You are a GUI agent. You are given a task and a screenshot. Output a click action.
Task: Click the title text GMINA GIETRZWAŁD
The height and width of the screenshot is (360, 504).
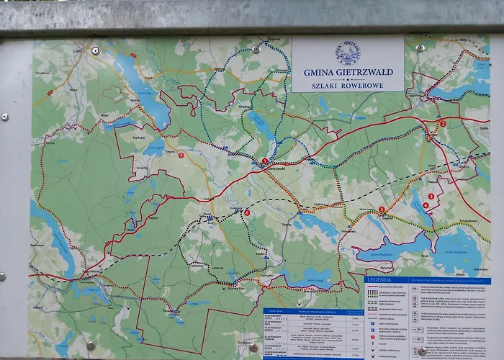(348, 72)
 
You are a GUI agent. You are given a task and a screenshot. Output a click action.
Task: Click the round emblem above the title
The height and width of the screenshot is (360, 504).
(348, 53)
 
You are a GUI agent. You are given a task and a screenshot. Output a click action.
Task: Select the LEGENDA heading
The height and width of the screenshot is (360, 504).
(379, 279)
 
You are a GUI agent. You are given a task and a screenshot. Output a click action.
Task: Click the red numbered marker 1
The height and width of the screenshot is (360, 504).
(264, 161)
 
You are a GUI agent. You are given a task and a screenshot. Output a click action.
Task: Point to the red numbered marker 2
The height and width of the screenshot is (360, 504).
(442, 124)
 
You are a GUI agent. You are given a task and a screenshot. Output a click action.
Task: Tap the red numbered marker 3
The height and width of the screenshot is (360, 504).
(431, 196)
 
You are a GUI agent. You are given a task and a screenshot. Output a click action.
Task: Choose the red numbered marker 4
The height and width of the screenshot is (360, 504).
(426, 205)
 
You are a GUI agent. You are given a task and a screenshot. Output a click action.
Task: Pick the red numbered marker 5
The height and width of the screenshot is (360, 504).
(382, 210)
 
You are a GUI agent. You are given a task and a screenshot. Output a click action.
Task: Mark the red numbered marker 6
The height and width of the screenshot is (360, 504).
(246, 212)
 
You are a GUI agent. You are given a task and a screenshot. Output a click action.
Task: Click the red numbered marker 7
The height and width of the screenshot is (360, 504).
(181, 155)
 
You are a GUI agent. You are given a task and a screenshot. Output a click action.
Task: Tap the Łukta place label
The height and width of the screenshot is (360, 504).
(78, 52)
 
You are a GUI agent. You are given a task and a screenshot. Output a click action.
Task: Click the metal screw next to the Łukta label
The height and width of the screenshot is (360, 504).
(96, 51)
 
